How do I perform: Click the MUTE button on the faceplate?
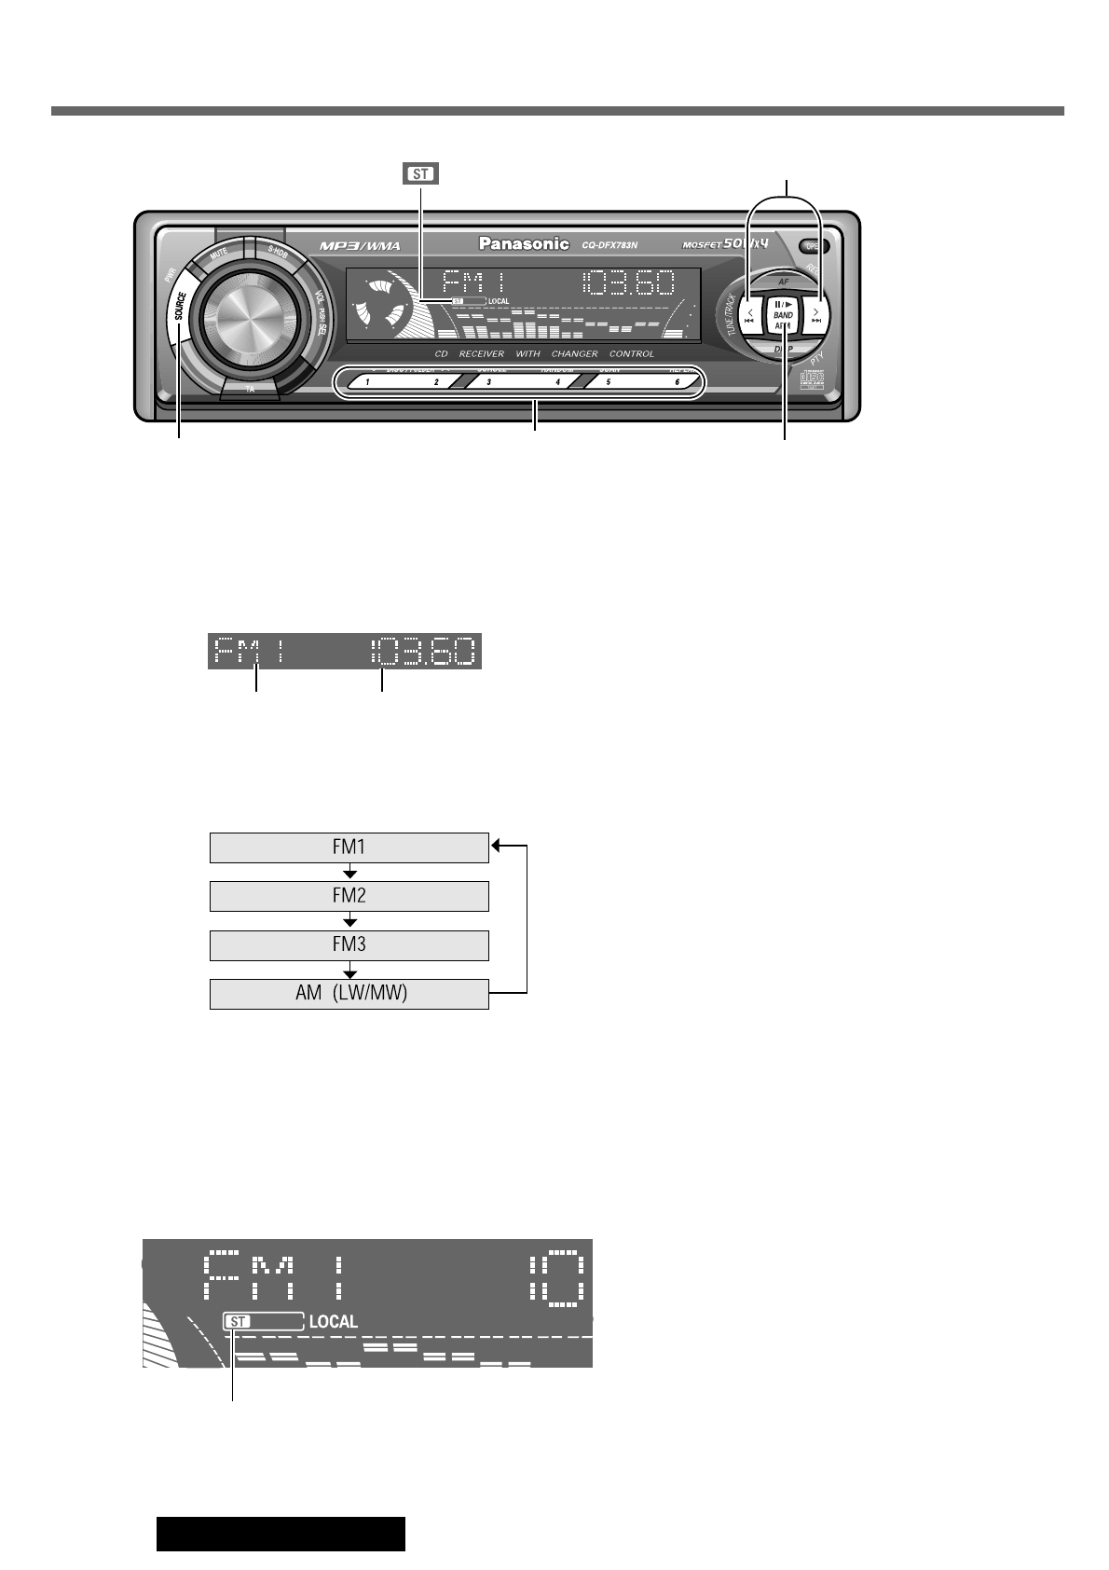(x=219, y=253)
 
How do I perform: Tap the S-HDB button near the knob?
(x=277, y=251)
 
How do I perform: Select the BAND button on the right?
(x=783, y=315)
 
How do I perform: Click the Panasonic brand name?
(x=524, y=243)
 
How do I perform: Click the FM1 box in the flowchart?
(x=349, y=847)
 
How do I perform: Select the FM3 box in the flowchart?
(x=349, y=945)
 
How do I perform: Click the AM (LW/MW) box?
(x=349, y=994)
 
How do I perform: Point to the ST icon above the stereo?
(x=420, y=173)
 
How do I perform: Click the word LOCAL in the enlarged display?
(x=333, y=1321)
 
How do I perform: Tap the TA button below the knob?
(x=250, y=390)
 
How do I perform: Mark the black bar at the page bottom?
(x=281, y=1534)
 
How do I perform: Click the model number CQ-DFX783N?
(x=616, y=245)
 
